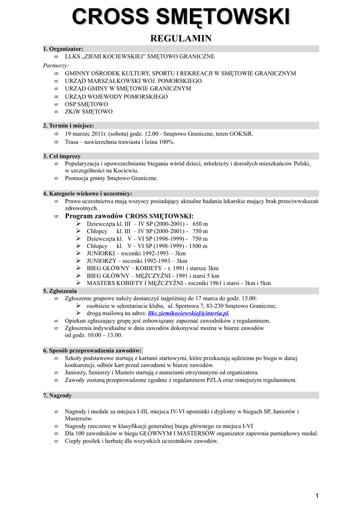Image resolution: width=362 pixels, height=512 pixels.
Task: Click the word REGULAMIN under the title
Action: point(181,38)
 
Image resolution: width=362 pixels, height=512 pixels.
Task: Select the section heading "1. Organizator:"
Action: point(63,49)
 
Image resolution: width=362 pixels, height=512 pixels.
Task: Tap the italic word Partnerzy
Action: point(56,65)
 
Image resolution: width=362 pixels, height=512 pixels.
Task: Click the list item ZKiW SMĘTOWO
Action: point(88,111)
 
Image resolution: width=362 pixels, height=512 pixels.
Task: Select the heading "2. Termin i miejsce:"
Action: point(68,126)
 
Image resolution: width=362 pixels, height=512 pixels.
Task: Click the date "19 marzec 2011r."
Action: point(86,134)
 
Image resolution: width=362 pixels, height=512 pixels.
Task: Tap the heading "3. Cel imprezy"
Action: point(61,156)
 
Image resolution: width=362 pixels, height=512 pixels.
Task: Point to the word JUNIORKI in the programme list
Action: point(100,253)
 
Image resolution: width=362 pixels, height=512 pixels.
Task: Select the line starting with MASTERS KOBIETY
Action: point(178,283)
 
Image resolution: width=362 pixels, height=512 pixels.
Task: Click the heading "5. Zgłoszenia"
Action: point(60,290)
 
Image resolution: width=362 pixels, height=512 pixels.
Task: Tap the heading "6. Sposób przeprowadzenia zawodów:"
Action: point(92,350)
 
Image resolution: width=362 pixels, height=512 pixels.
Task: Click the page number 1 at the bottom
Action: point(317,495)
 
